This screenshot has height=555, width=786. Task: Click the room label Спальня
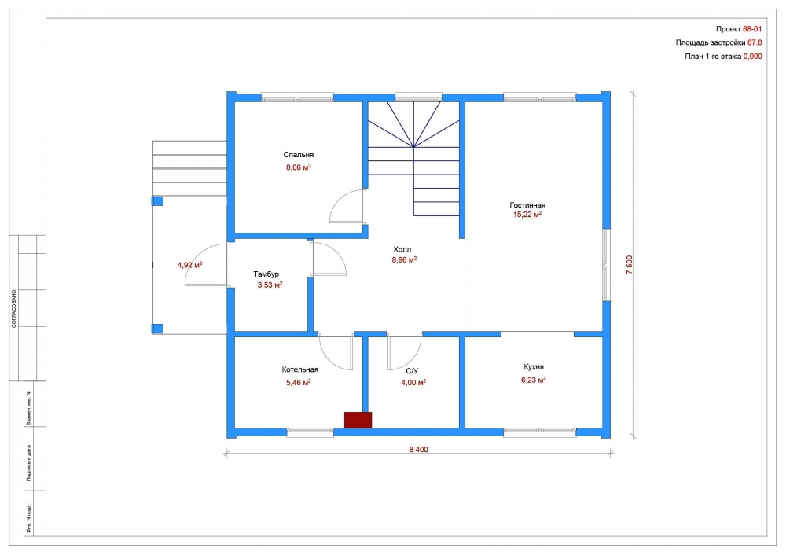coord(298,155)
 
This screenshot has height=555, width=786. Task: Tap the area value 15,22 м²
coord(527,215)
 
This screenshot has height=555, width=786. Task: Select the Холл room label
coord(402,250)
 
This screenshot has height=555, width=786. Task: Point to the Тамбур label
coord(266,274)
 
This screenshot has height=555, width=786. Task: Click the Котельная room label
coord(299,370)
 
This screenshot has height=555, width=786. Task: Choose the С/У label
coord(412,371)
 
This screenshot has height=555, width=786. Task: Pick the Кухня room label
coord(534,367)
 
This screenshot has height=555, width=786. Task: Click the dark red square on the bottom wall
coord(358,420)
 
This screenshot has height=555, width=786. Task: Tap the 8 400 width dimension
coord(419,450)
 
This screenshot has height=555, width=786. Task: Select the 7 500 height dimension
coord(630,265)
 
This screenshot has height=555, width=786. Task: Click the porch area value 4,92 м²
coord(189,265)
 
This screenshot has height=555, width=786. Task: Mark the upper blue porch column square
coord(157,201)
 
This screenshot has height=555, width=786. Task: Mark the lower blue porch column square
coord(157,329)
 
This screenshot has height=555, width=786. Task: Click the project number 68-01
coord(752,30)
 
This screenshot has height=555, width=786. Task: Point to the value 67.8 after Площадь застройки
coord(755,42)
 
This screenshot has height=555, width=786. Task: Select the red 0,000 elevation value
coord(752,57)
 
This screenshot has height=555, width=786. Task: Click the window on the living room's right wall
coord(607,265)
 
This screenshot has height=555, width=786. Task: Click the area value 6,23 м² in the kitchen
coord(534,380)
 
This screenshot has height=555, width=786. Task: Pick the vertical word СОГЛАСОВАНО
coord(14,308)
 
